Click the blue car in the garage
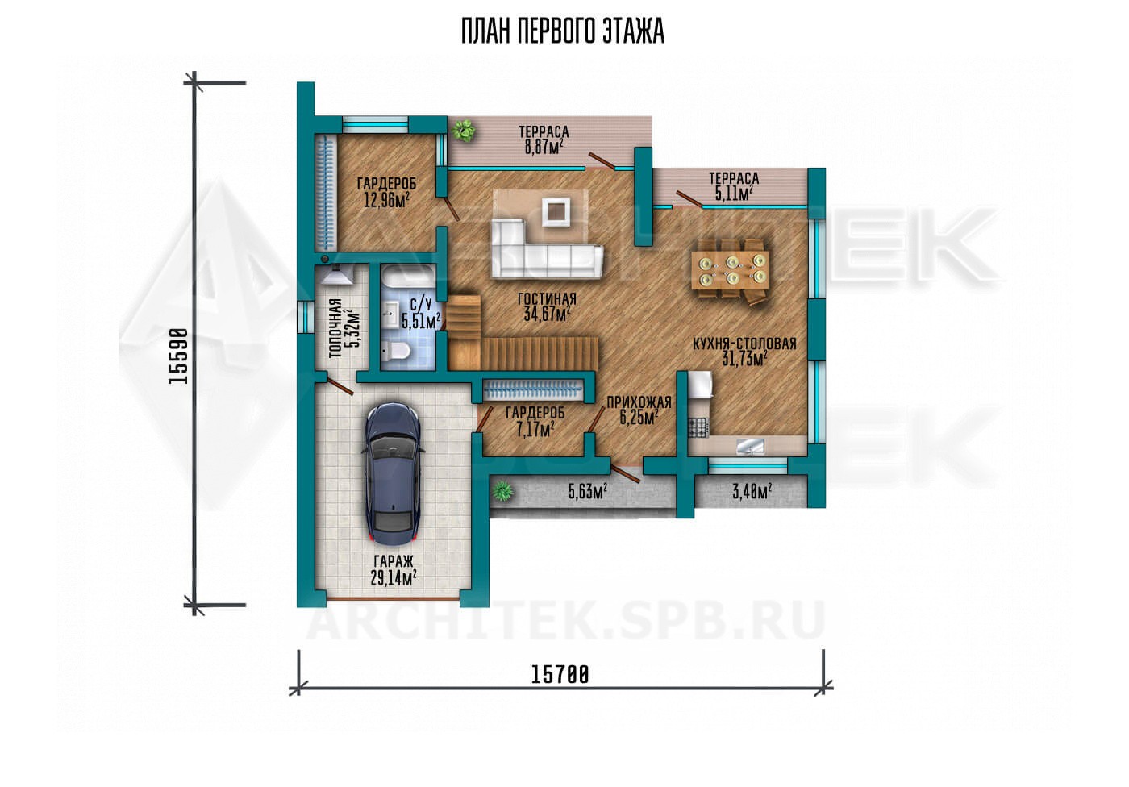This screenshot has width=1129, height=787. click(394, 473)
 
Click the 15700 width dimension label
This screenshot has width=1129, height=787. click(560, 675)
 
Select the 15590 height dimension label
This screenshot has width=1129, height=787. click(178, 356)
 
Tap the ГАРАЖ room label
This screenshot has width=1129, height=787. click(394, 560)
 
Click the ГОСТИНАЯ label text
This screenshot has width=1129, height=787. click(547, 299)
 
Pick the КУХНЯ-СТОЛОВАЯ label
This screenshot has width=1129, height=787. click(744, 344)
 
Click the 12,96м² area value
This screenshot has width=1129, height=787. click(386, 200)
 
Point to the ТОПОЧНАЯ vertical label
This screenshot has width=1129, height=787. click(335, 328)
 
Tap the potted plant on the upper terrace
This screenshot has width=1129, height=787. click(463, 130)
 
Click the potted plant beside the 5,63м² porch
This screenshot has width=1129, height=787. click(502, 490)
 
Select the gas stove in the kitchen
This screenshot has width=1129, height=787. click(699, 427)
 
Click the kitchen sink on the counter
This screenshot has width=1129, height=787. click(751, 447)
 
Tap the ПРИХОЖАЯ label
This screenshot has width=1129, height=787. click(639, 402)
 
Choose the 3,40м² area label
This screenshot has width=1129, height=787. click(752, 491)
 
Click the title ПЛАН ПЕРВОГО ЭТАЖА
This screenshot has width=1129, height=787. click(563, 31)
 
